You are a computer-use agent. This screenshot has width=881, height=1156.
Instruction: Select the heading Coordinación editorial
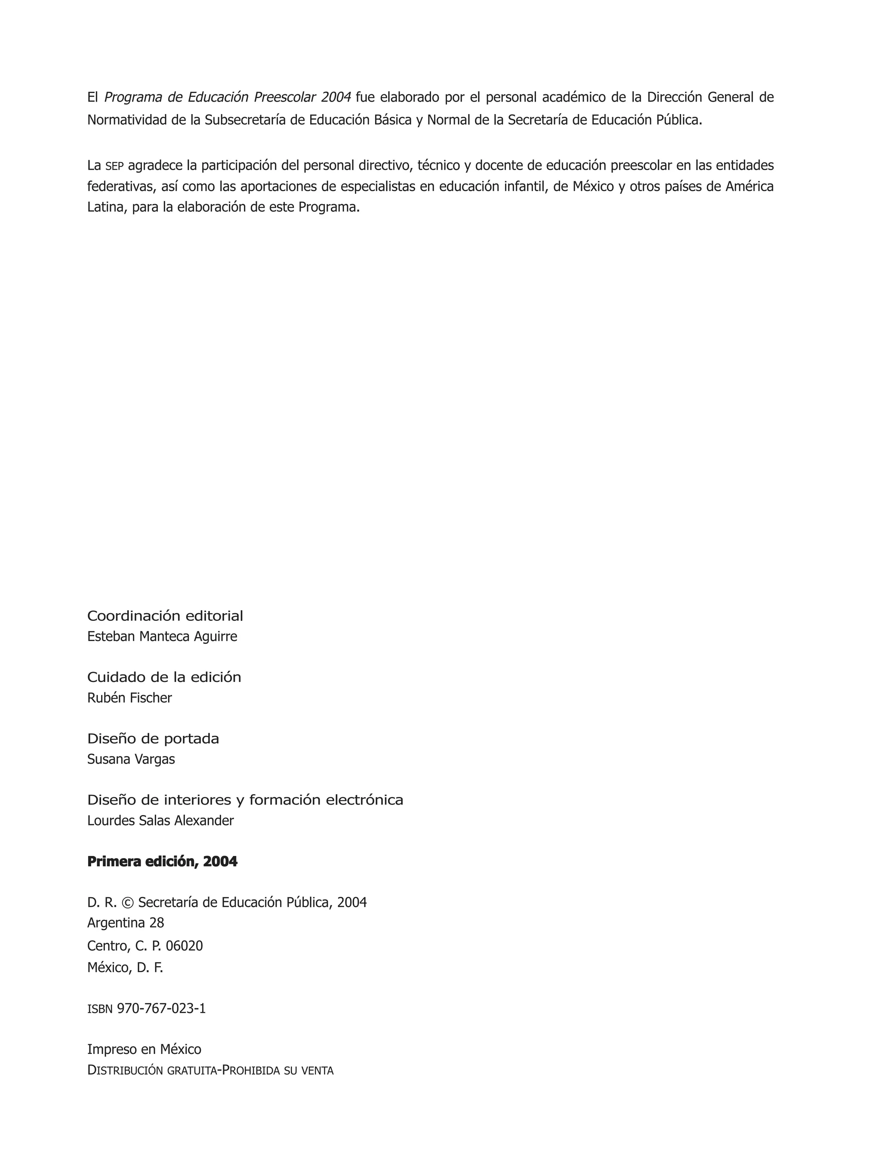click(x=165, y=616)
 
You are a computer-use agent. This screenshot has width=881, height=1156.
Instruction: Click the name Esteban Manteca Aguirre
click(x=162, y=636)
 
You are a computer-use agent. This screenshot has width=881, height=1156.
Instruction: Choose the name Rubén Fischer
click(x=129, y=698)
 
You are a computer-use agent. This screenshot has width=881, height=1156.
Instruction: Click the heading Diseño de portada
click(x=153, y=738)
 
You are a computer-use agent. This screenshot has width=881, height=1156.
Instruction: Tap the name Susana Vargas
click(x=131, y=759)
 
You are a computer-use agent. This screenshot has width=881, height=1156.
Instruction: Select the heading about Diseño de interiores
click(x=245, y=800)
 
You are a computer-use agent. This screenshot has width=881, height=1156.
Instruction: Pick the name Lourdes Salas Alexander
click(x=160, y=821)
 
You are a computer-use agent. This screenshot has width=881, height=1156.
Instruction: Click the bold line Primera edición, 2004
click(x=162, y=862)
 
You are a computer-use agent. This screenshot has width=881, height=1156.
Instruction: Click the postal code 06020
click(x=184, y=945)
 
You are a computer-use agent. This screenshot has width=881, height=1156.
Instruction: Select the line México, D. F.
click(x=125, y=967)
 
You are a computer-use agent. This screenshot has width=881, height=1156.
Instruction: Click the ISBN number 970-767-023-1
click(x=161, y=1009)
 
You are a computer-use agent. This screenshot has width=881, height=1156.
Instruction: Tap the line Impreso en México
click(x=144, y=1050)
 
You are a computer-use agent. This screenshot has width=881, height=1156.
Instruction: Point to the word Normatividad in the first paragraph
click(x=127, y=120)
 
